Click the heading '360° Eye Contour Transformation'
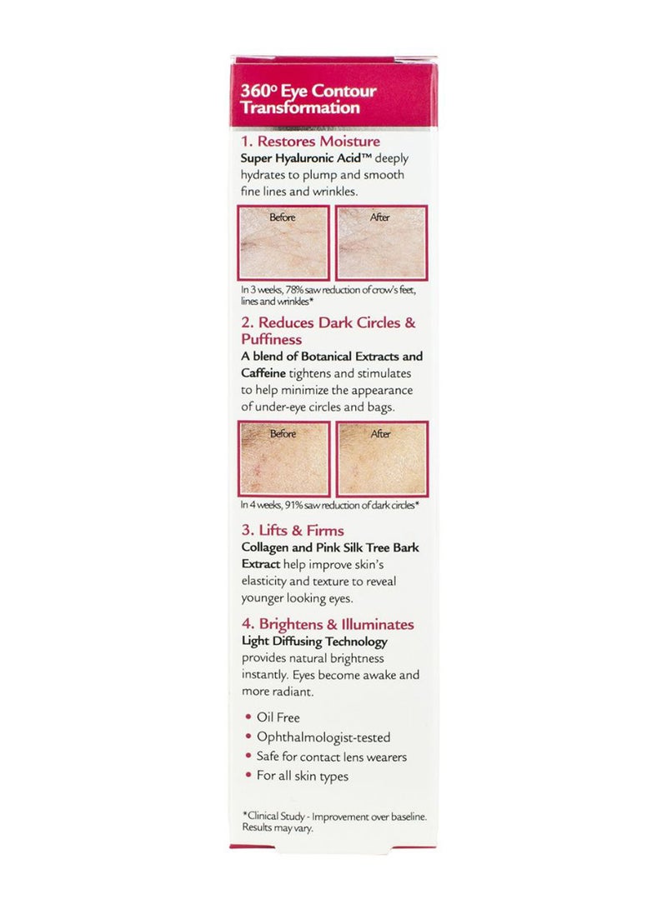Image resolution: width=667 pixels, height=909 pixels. [x=308, y=100]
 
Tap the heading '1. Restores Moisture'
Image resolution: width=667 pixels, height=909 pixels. [x=310, y=142]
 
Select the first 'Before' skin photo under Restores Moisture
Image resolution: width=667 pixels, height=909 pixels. [x=283, y=242]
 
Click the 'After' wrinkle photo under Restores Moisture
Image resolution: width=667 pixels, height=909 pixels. [x=381, y=242]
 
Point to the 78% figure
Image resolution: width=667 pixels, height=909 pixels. [x=298, y=290]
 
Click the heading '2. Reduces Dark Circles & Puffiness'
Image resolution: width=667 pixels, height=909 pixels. [x=327, y=331]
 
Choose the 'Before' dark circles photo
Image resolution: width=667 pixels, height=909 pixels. [x=283, y=459]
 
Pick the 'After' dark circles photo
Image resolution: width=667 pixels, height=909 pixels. [x=381, y=459]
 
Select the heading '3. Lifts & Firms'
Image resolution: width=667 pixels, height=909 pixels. [x=292, y=530]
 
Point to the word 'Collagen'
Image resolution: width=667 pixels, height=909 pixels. [x=267, y=548]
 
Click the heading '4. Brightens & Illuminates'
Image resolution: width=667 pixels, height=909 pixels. [x=327, y=624]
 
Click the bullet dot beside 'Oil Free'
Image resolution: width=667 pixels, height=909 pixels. [x=248, y=717]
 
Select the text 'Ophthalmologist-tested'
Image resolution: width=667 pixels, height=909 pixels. [x=323, y=737]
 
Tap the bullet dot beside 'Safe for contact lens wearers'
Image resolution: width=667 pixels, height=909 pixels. [x=248, y=757]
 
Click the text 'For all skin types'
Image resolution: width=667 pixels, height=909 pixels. [x=303, y=776]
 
